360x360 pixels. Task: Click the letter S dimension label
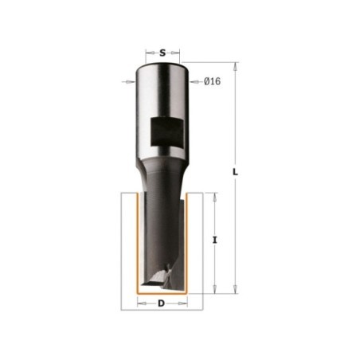162,53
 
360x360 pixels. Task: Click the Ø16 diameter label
213,81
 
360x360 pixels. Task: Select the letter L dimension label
235,172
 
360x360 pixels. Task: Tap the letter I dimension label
215,241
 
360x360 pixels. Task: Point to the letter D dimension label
161,303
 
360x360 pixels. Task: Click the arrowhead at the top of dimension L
235,67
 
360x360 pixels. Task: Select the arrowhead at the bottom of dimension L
235,289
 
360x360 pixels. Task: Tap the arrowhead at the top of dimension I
215,197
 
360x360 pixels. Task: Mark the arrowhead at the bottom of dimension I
215,289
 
